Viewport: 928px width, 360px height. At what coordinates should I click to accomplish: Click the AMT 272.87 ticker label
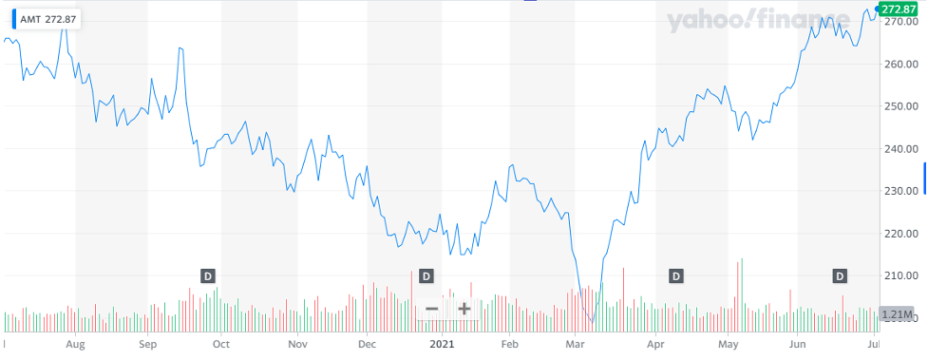pyautogui.click(x=44, y=18)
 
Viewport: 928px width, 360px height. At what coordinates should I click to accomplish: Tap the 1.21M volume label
pyautogui.click(x=899, y=313)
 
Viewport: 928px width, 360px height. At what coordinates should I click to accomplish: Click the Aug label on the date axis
pyautogui.click(x=77, y=345)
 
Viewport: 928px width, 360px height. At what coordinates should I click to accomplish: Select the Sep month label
pyautogui.click(x=148, y=345)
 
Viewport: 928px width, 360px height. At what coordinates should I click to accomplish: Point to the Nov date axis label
pyautogui.click(x=298, y=345)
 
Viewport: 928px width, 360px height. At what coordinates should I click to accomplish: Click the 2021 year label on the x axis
pyautogui.click(x=444, y=345)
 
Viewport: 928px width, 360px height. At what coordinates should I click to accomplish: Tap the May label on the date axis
pyautogui.click(x=729, y=345)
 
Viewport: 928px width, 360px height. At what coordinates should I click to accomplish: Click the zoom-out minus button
pyautogui.click(x=431, y=309)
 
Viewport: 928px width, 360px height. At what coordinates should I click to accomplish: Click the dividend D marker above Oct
pyautogui.click(x=208, y=275)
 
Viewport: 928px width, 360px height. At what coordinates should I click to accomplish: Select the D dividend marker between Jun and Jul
pyautogui.click(x=840, y=275)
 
